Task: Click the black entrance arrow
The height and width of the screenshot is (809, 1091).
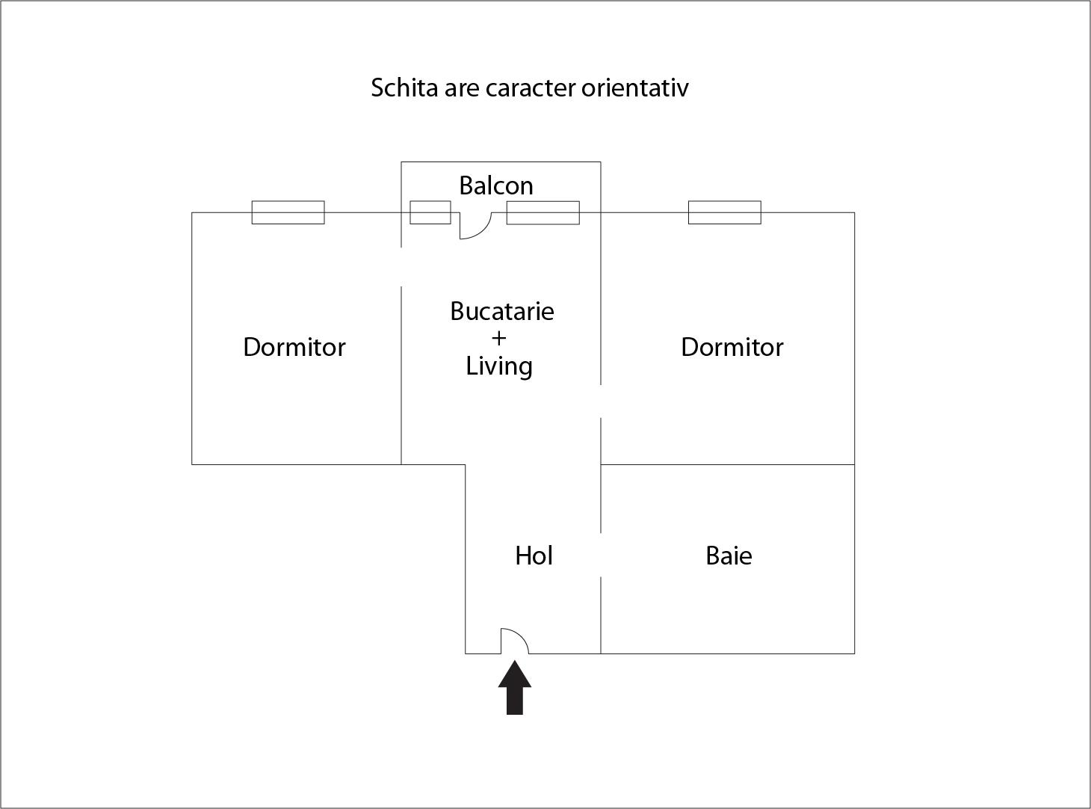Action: coord(515,687)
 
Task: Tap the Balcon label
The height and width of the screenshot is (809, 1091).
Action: coord(496,185)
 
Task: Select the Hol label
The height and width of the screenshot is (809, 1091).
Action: coord(534,556)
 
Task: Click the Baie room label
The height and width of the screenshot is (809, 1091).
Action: coord(729,556)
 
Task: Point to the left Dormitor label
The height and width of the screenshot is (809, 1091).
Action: coord(294,347)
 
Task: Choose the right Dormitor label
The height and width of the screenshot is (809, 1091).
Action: coord(732,347)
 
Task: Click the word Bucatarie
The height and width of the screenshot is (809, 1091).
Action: coord(501,311)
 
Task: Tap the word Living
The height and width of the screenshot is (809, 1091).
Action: coord(499,367)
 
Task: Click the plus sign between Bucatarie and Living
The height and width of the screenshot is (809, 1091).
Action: coord(498,338)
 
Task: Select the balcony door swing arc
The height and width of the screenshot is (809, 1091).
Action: coord(476,226)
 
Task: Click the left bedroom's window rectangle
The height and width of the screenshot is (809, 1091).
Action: coord(288,212)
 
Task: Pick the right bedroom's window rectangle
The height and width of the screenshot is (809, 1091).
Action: coord(725,212)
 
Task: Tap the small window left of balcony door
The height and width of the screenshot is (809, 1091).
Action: coord(430,212)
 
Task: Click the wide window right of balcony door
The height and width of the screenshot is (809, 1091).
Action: coord(543,212)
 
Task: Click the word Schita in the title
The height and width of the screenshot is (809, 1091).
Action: coord(404,87)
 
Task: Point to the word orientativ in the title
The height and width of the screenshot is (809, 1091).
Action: coord(635,87)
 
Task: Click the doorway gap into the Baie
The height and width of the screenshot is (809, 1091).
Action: coord(601,555)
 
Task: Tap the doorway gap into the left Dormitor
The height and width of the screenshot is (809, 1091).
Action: coord(401,267)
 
